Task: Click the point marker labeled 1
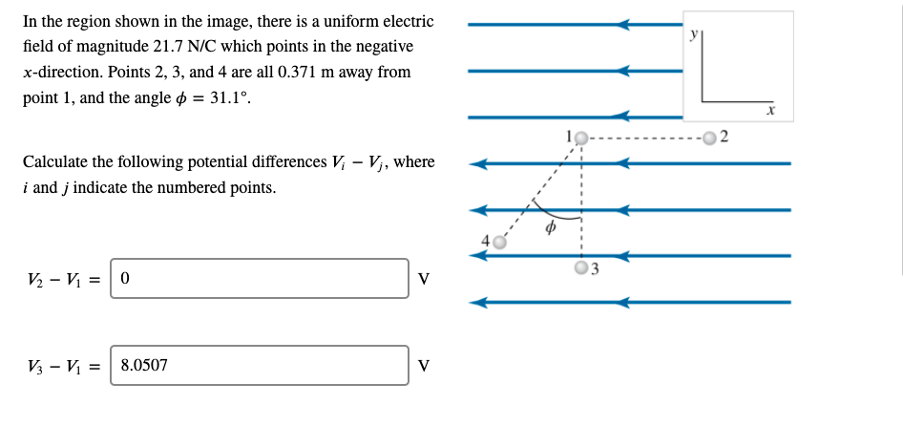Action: tap(582, 139)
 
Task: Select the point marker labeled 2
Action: tap(709, 139)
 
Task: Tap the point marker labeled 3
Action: tap(581, 267)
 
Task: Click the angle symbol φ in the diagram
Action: tap(550, 229)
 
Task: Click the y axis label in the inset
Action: tap(694, 33)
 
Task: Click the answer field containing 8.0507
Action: tap(260, 365)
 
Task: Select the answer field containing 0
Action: tap(260, 278)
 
